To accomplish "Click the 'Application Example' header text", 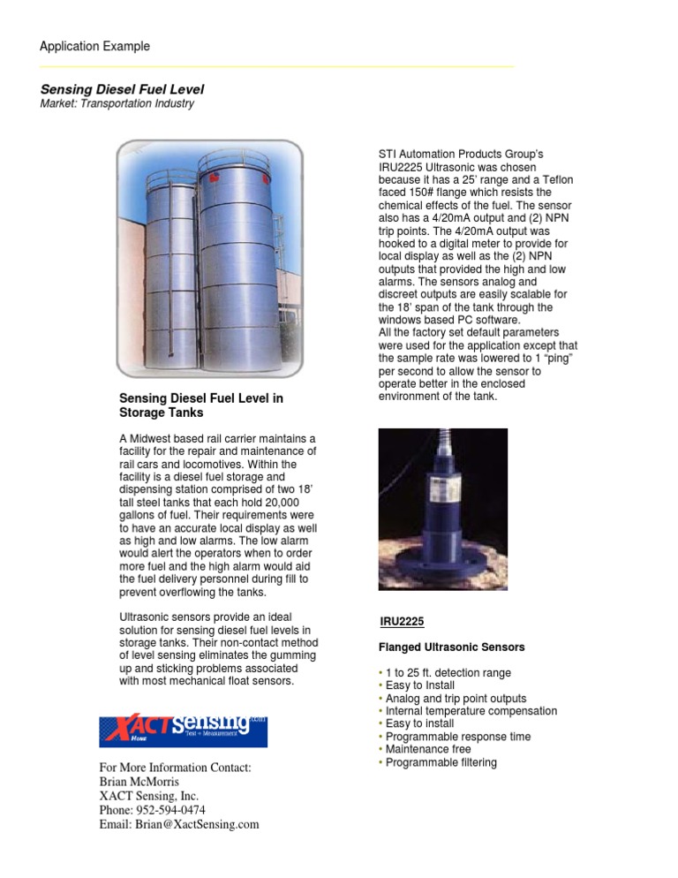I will point(94,46).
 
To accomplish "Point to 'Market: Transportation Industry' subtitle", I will point(117,104).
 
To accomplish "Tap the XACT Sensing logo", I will point(183,730).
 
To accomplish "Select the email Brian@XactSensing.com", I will point(179,824).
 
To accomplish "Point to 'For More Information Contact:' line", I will point(175,768).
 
